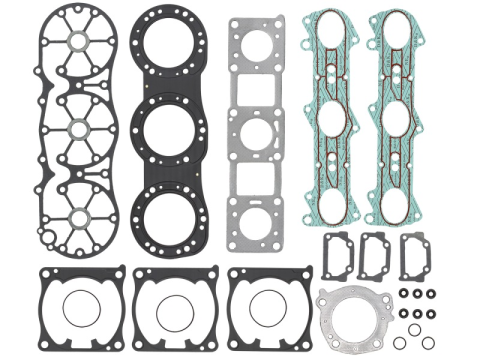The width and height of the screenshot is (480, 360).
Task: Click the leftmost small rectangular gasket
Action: tap(338, 256)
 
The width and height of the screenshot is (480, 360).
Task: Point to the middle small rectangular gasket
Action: tap(377, 256)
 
